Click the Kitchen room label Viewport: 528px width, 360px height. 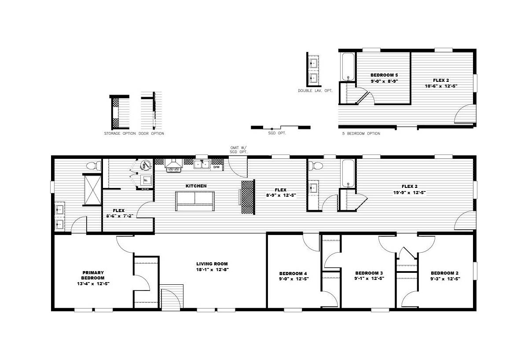coord(196,186)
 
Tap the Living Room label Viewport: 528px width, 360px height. coord(212,264)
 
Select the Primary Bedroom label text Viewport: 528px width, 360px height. coord(93,275)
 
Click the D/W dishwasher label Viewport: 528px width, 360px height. coord(216,167)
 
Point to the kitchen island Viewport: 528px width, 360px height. coord(194,201)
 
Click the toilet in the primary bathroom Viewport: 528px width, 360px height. coord(93,166)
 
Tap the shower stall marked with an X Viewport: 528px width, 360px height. coord(93,190)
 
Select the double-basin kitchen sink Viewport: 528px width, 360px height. coord(202,164)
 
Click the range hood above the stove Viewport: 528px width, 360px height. coord(174,163)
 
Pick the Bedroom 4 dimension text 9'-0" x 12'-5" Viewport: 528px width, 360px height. coord(294,279)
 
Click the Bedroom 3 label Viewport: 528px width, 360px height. coord(369,273)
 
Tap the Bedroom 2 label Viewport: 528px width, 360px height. coord(444,273)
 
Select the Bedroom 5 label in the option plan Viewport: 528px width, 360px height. coord(384,75)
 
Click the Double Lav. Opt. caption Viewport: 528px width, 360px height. coord(315,91)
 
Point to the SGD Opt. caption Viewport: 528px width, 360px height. coord(277,133)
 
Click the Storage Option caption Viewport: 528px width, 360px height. coord(120,133)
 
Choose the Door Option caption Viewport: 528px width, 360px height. coord(151,133)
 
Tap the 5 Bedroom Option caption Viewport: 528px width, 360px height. coord(361,133)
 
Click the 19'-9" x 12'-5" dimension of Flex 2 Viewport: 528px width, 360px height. coord(410,192)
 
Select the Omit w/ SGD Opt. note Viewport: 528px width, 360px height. coord(238,150)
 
